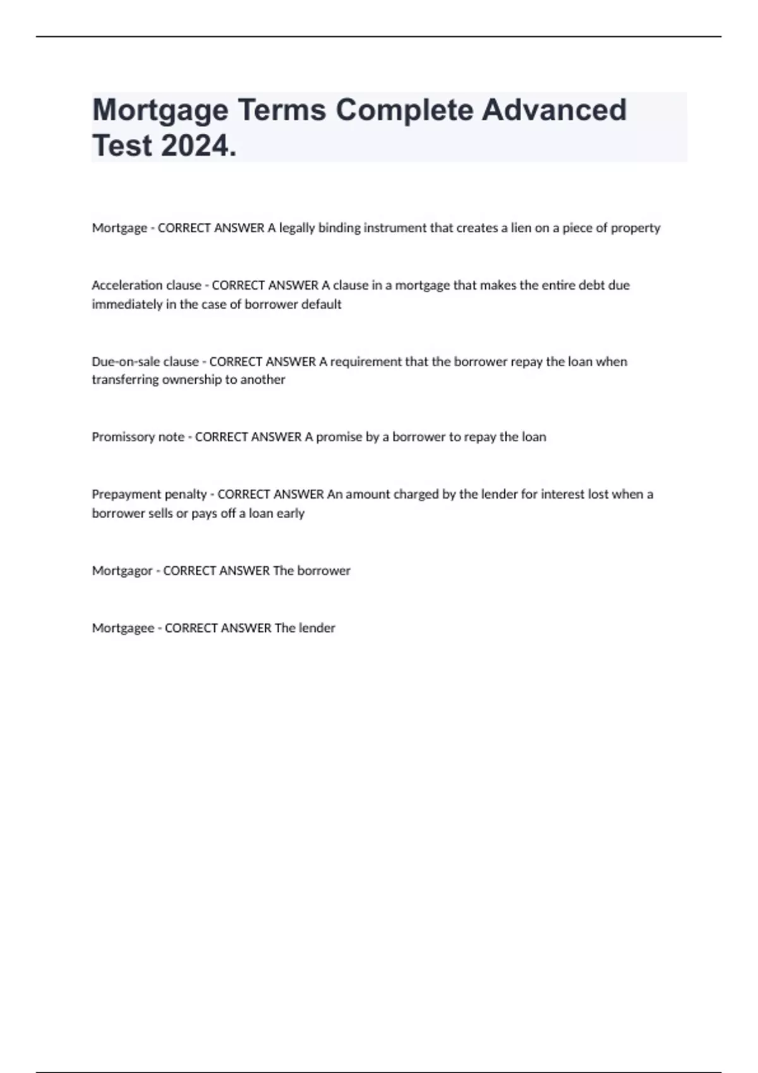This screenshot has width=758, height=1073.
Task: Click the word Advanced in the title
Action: (x=554, y=110)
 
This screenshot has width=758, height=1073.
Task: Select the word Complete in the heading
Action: (x=404, y=110)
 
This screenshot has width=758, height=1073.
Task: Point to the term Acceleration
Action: (x=126, y=285)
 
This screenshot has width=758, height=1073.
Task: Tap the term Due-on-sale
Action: (x=126, y=362)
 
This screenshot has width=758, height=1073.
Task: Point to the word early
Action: (x=290, y=513)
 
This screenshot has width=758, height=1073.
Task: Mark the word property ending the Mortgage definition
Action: (x=635, y=228)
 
